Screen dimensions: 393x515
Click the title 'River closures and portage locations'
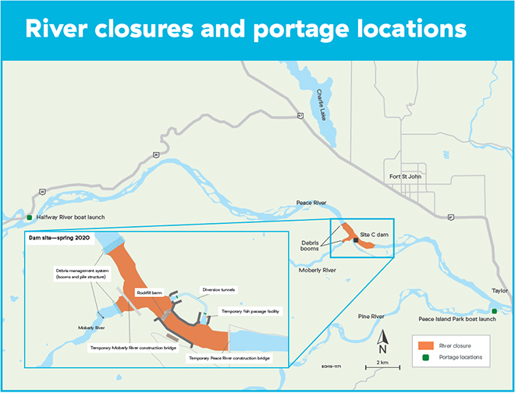(247, 29)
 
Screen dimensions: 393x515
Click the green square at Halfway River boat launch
(30, 218)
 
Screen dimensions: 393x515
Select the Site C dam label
(373, 235)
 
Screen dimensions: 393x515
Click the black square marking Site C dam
(356, 241)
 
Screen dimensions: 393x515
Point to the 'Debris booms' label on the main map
(315, 246)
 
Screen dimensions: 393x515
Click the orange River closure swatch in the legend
(425, 344)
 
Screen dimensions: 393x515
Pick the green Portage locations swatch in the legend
(425, 357)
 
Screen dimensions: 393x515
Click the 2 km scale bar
(382, 366)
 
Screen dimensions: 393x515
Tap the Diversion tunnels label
(218, 289)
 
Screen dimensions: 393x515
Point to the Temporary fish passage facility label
(250, 310)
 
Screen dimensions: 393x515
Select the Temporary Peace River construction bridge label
(229, 358)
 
